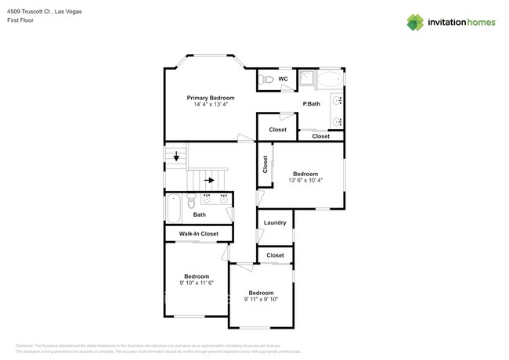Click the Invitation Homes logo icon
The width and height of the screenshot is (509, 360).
point(414,22)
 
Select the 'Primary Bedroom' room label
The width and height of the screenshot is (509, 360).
point(210,98)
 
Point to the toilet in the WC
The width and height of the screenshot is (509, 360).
point(267,79)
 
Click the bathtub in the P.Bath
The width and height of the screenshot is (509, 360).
point(330,78)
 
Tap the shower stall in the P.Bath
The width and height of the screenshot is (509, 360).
point(307,77)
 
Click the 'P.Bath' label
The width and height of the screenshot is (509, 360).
point(312,103)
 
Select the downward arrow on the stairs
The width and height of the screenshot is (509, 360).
point(176,157)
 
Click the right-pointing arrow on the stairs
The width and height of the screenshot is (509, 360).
point(210,180)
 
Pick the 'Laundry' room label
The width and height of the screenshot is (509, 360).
point(275,223)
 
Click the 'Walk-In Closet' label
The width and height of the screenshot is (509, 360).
point(199,233)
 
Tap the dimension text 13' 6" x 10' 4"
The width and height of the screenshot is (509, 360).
point(305,180)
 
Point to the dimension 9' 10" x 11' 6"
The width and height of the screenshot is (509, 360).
point(197,283)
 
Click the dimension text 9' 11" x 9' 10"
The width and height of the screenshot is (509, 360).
point(261,299)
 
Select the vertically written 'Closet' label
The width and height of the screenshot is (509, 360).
point(265,164)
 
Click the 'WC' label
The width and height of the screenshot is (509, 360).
point(283,79)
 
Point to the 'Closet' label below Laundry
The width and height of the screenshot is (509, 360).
point(275,255)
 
